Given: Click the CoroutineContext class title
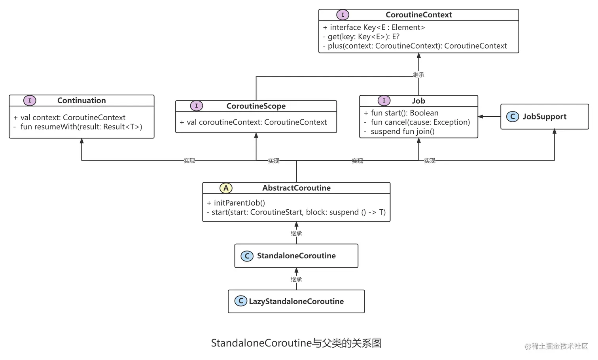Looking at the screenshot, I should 418,15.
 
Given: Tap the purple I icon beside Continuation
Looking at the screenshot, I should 30,100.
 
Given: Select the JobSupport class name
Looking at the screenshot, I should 544,117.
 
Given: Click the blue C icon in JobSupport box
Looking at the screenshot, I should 513,117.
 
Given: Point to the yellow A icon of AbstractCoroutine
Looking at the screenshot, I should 226,188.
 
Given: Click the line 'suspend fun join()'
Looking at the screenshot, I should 402,131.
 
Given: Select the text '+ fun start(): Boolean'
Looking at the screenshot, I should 401,113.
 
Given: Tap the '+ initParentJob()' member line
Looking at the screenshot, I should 236,203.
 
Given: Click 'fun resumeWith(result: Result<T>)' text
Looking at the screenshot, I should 81,127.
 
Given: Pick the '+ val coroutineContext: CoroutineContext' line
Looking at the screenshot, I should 253,122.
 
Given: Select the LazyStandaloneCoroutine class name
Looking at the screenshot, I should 296,301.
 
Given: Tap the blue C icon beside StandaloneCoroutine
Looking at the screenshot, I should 247,256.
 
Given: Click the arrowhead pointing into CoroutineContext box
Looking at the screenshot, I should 418,56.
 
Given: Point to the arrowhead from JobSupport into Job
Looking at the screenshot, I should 481,117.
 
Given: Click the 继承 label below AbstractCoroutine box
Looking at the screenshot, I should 296,233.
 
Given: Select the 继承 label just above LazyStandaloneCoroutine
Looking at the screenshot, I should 296,279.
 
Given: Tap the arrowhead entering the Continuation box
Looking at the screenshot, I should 81,141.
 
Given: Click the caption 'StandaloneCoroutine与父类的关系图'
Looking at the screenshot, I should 296,343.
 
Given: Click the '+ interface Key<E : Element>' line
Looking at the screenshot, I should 374,27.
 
